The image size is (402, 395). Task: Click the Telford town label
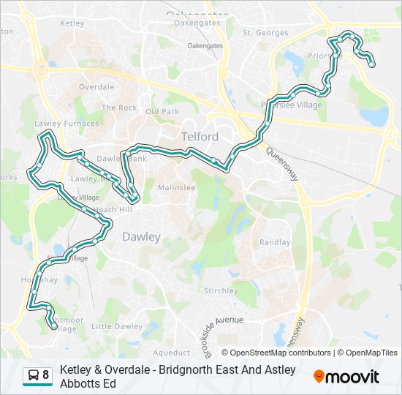click(x=200, y=137)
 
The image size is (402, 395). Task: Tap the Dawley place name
click(x=141, y=236)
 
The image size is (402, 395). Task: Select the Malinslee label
click(x=177, y=188)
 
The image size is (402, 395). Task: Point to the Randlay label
click(x=275, y=242)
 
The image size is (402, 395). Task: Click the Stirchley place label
click(x=221, y=290)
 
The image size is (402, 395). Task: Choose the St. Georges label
click(x=265, y=33)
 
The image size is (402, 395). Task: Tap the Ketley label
click(x=72, y=23)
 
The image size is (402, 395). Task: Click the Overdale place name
click(x=96, y=87)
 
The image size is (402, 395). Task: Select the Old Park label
click(x=162, y=112)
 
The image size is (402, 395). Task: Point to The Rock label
click(x=119, y=108)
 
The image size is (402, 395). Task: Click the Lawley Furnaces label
click(x=67, y=124)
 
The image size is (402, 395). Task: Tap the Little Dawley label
click(x=117, y=326)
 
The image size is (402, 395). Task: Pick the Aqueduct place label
click(x=172, y=352)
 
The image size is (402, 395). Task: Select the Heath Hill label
click(x=113, y=210)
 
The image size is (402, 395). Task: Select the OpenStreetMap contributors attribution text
click(x=276, y=353)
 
